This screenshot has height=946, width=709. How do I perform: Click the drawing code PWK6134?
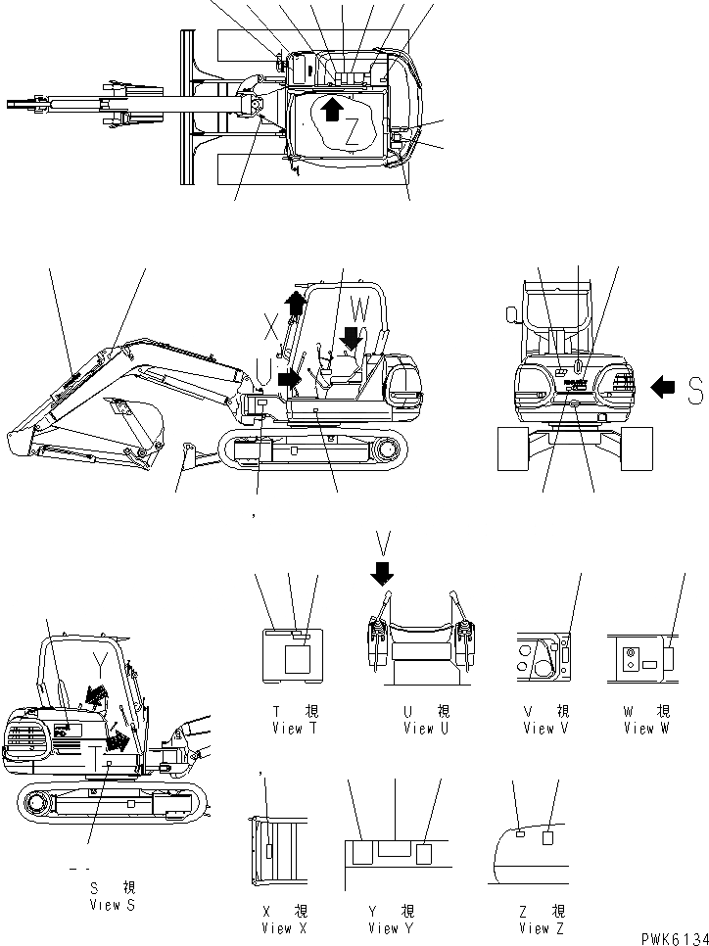tap(673, 938)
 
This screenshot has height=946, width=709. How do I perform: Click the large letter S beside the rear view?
tap(694, 392)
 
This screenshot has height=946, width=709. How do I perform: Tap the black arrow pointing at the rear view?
tap(664, 389)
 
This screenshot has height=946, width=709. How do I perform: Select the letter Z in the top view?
tap(352, 132)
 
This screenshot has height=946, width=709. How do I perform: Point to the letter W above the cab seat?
tap(360, 309)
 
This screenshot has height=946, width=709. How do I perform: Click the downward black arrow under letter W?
tap(352, 338)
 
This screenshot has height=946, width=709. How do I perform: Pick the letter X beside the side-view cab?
tap(273, 322)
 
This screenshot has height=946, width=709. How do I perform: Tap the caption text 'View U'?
tap(425, 728)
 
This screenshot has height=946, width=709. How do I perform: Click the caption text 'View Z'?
tap(534, 927)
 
